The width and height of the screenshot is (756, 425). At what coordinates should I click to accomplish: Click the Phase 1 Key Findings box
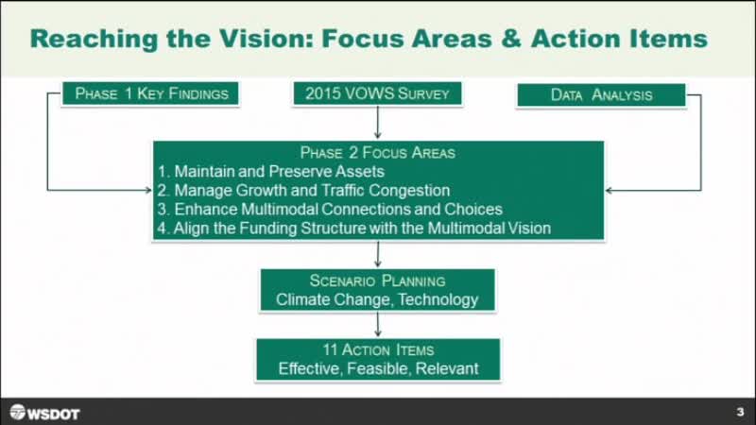pyautogui.click(x=150, y=93)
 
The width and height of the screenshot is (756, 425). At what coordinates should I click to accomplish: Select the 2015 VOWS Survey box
pyautogui.click(x=377, y=93)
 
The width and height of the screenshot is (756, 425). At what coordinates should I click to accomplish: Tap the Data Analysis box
pyautogui.click(x=601, y=95)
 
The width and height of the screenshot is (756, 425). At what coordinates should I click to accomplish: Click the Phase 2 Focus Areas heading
pyautogui.click(x=377, y=153)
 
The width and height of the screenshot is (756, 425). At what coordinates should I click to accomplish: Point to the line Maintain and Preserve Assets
pyautogui.click(x=271, y=172)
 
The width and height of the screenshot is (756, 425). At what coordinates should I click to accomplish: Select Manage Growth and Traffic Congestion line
pyautogui.click(x=303, y=191)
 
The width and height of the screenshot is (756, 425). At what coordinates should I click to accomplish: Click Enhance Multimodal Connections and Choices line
pyautogui.click(x=330, y=209)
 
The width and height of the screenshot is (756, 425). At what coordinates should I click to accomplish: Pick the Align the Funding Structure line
pyautogui.click(x=353, y=228)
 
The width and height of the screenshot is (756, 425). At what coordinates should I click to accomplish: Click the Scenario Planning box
pyautogui.click(x=377, y=290)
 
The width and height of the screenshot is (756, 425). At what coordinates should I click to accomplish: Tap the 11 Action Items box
pyautogui.click(x=379, y=360)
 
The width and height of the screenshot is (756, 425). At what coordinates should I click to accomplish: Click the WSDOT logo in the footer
pyautogui.click(x=44, y=413)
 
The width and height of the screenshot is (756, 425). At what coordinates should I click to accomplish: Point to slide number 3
pyautogui.click(x=740, y=412)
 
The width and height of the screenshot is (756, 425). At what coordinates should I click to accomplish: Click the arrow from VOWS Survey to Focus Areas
pyautogui.click(x=377, y=122)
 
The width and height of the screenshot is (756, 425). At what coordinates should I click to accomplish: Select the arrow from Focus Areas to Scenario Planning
pyautogui.click(x=377, y=253)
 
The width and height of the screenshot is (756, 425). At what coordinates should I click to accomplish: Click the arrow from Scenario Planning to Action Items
pyautogui.click(x=377, y=324)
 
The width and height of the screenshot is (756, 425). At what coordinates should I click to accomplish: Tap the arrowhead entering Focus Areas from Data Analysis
pyautogui.click(x=609, y=191)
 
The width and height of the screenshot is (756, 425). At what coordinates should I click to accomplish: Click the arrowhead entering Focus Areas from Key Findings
pyautogui.click(x=148, y=191)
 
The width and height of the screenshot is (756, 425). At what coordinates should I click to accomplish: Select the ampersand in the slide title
pyautogui.click(x=511, y=39)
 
